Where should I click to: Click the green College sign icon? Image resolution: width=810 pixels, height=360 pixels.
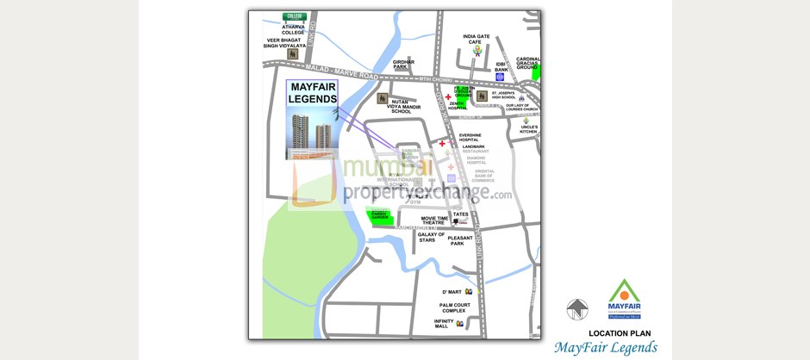point(294,16)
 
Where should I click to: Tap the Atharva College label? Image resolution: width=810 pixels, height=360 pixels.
point(293,29)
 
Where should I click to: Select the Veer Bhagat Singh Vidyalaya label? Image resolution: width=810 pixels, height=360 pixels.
point(285,43)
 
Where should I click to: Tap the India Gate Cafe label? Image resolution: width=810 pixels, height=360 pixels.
point(477,39)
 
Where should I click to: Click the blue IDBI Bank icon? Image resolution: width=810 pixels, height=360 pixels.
point(500,77)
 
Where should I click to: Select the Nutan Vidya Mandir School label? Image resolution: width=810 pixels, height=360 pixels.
point(402,106)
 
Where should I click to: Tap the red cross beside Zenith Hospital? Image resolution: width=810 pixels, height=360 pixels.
point(448,96)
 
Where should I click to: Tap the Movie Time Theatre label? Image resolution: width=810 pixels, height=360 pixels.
point(427,220)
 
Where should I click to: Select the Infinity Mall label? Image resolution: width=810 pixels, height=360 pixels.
point(444,324)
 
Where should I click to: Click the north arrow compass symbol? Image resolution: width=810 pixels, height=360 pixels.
point(576,309)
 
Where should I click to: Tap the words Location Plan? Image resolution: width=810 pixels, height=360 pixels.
point(620,333)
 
